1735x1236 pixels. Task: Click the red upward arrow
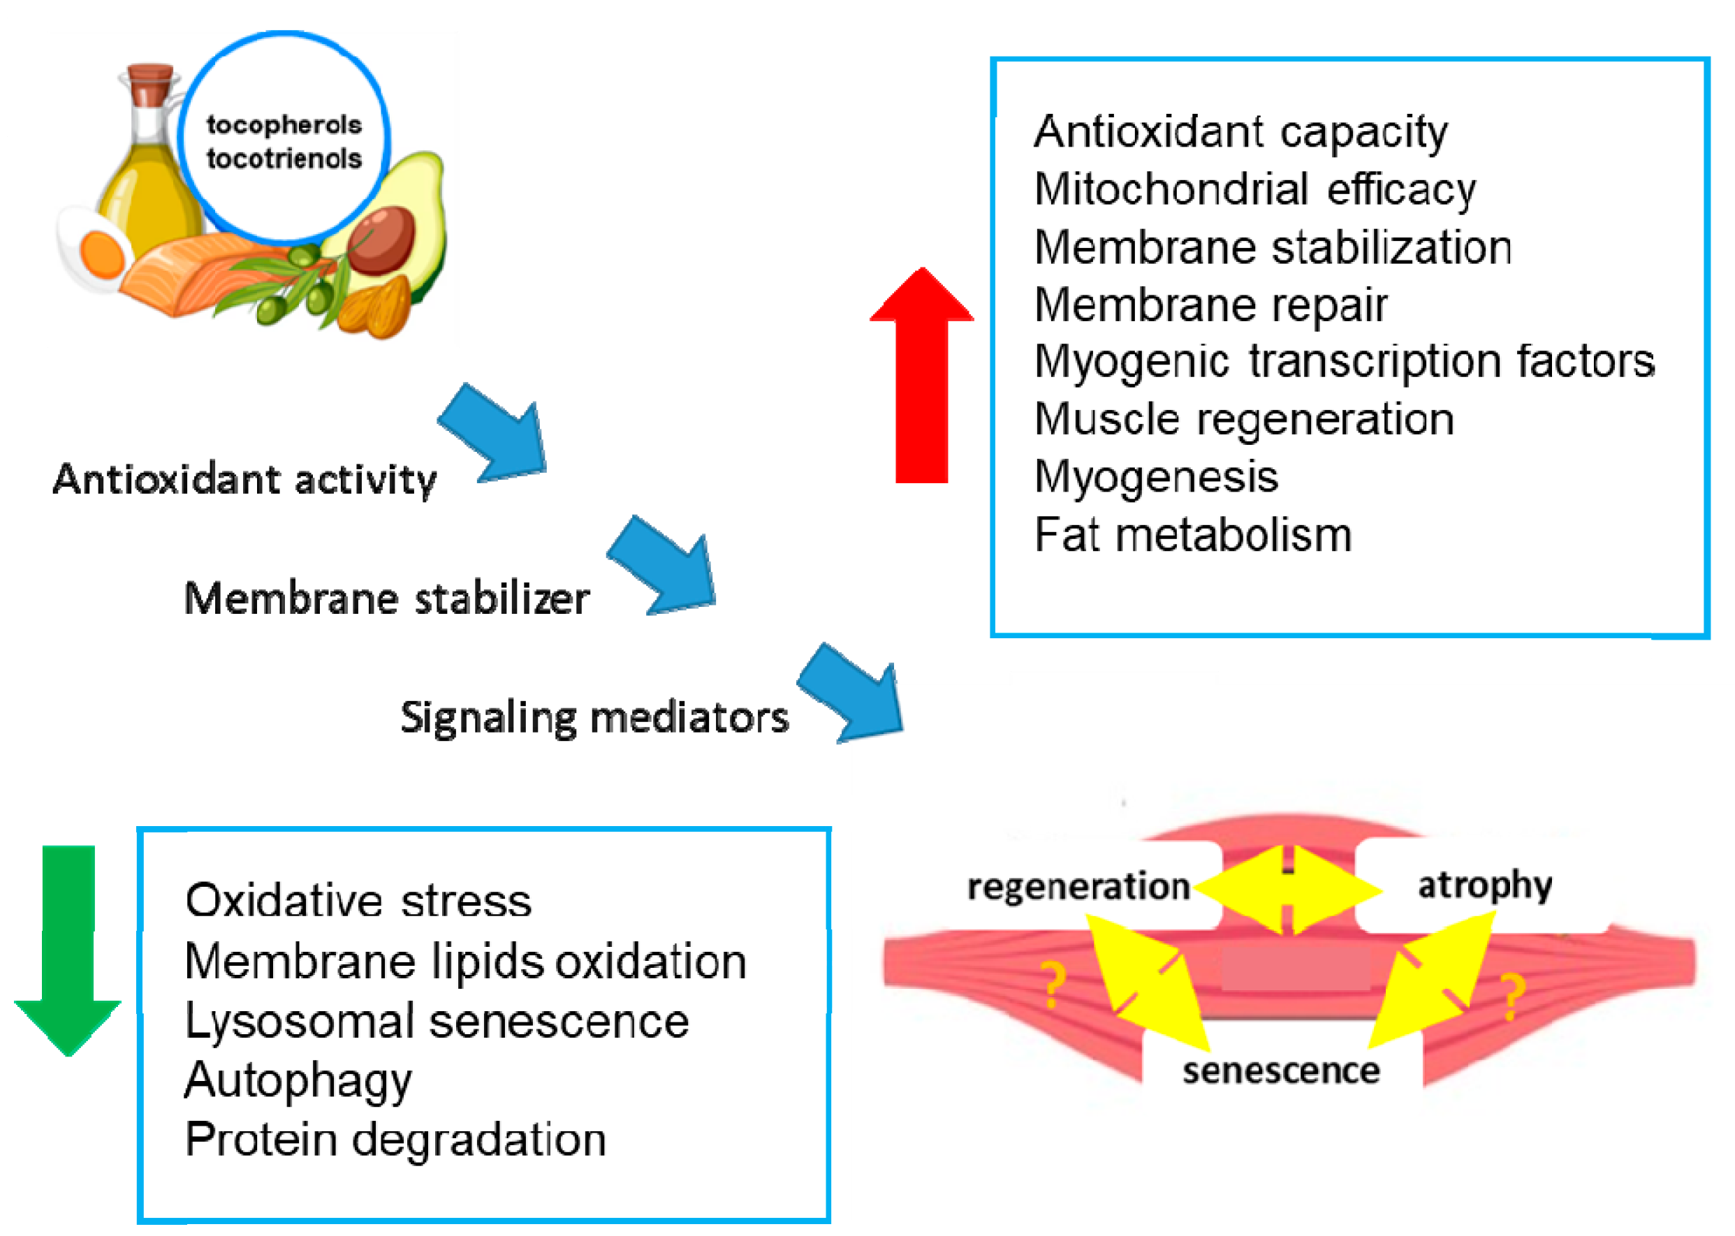point(921,381)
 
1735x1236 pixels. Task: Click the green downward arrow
point(68,951)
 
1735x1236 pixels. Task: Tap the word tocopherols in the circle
point(284,125)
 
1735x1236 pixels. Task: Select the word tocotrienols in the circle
point(284,159)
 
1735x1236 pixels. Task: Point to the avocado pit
point(383,240)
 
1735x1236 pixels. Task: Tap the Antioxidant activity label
point(244,480)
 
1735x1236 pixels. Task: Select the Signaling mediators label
point(594,718)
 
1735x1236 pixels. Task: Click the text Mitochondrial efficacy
point(1254,189)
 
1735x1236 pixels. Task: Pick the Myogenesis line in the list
point(1156,478)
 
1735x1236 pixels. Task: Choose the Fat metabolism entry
point(1192,535)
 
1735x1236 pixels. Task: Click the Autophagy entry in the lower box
point(298,1081)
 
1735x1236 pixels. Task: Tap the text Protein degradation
point(395,1140)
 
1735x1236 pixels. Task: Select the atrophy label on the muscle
point(1484,886)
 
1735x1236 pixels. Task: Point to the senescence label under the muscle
point(1280,1071)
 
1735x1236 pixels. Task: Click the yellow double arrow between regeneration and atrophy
point(1288,890)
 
